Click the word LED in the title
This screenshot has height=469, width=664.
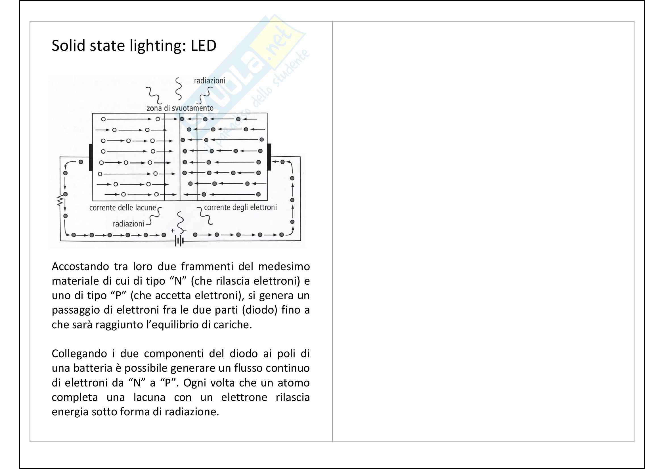203,46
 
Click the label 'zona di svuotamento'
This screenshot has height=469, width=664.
180,108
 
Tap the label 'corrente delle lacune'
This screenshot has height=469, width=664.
122,207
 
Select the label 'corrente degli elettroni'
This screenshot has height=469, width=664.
240,207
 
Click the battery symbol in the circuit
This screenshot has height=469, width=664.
179,241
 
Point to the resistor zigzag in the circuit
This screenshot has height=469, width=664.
60,200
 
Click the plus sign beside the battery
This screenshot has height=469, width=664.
173,231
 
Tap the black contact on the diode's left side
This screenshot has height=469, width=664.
91,157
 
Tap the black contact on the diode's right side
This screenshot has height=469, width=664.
269,157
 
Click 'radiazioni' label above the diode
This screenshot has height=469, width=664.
210,81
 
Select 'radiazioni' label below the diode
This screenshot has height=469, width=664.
128,224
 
